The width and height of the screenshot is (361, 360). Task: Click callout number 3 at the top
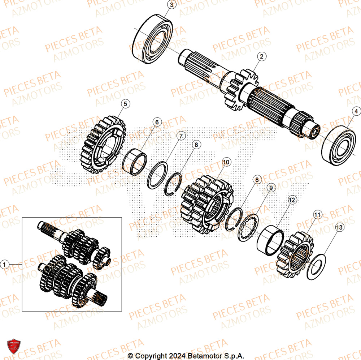click(x=171, y=5)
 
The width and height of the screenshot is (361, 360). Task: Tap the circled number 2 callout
click(x=262, y=56)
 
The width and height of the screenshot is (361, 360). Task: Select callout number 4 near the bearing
click(x=356, y=112)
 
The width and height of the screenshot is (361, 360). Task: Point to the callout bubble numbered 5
click(x=125, y=104)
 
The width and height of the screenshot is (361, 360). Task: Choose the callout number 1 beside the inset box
click(x=5, y=265)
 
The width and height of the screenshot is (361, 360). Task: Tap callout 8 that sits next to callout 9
click(x=257, y=180)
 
